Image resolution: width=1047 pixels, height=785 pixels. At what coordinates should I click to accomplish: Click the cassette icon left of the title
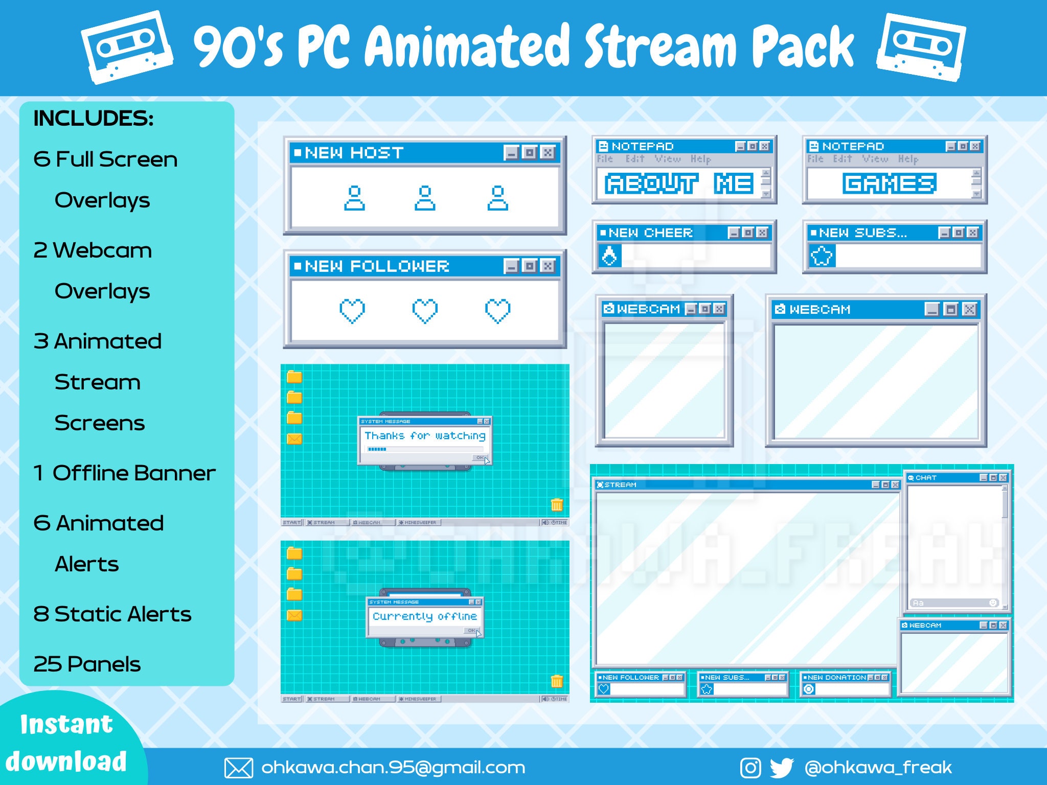pyautogui.click(x=127, y=48)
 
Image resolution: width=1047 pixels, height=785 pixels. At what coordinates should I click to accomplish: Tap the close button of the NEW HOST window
pyautogui.click(x=548, y=153)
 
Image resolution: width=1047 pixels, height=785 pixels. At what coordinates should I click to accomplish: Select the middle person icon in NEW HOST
pyautogui.click(x=425, y=198)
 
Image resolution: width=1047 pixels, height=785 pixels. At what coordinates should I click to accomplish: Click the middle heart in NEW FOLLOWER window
pyautogui.click(x=425, y=311)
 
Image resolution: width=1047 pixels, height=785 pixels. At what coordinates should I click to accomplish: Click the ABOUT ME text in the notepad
pyautogui.click(x=679, y=183)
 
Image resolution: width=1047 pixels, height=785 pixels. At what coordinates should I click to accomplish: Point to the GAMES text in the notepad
pyautogui.click(x=890, y=183)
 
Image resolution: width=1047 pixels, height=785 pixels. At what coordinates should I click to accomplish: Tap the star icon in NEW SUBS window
pyautogui.click(x=822, y=256)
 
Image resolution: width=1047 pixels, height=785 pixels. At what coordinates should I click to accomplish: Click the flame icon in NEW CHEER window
pyautogui.click(x=609, y=256)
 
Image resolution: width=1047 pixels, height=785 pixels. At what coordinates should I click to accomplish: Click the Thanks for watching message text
pyautogui.click(x=425, y=436)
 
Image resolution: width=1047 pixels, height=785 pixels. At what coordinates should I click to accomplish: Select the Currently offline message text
pyautogui.click(x=425, y=616)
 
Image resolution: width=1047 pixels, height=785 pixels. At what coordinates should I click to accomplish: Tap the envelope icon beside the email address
pyautogui.click(x=239, y=768)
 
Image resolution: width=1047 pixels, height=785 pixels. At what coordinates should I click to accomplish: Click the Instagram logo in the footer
pyautogui.click(x=750, y=768)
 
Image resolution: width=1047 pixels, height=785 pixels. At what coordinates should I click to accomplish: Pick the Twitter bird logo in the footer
pyautogui.click(x=782, y=768)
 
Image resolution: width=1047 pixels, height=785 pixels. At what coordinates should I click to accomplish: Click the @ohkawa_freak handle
pyautogui.click(x=878, y=768)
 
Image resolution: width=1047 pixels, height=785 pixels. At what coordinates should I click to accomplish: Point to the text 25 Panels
pyautogui.click(x=87, y=664)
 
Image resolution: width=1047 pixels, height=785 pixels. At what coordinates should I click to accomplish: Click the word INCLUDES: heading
pyautogui.click(x=94, y=119)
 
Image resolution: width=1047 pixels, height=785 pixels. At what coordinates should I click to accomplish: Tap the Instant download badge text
pyautogui.click(x=66, y=743)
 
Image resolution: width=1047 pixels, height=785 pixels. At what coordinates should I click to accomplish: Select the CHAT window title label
pyautogui.click(x=926, y=478)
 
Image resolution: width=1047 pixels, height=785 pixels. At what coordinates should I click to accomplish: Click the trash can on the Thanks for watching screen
pyautogui.click(x=557, y=505)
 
